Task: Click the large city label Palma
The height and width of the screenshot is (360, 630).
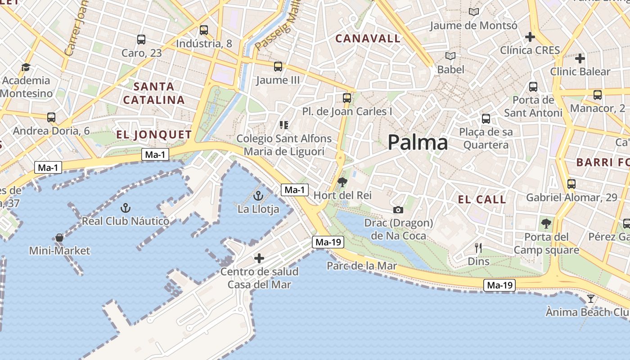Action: point(418,143)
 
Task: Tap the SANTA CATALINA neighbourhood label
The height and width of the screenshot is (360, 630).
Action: point(154,93)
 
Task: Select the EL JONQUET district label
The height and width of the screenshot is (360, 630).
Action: point(154,135)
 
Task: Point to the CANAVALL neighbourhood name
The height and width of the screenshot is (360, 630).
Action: point(368,39)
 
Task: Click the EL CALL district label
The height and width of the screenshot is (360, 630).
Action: point(482,199)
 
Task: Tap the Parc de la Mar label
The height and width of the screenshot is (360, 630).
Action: point(362,266)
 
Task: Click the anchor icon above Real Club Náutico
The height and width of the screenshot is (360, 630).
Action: point(126,208)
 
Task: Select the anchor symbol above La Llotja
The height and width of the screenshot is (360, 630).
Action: point(258,196)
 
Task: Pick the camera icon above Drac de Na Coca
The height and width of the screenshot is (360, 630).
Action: point(398,210)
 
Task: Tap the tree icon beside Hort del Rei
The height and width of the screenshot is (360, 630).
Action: point(342,182)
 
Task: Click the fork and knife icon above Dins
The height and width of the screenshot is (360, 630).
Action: point(478,247)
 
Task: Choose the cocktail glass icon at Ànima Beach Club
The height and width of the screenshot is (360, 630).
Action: point(590,299)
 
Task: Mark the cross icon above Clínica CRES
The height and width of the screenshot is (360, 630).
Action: point(530,37)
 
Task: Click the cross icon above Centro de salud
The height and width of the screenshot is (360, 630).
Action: point(259,258)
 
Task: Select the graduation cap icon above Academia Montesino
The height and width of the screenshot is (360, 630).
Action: point(26,67)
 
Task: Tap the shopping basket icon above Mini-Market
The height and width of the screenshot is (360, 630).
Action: point(59,238)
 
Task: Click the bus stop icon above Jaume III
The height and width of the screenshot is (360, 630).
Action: point(278,67)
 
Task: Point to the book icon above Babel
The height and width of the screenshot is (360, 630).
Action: point(450,56)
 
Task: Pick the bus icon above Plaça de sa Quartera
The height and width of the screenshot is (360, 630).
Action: point(486,119)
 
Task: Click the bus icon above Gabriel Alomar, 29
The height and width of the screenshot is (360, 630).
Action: point(571,184)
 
